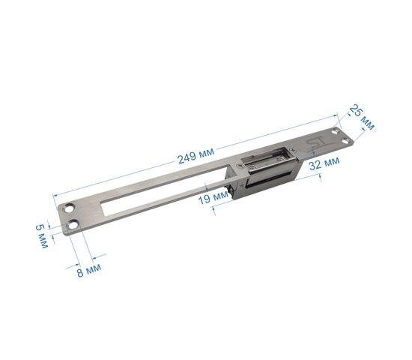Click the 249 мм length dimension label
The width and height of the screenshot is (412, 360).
click(196, 155)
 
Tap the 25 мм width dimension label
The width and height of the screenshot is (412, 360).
click(362, 117)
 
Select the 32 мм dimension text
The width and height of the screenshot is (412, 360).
click(324, 163)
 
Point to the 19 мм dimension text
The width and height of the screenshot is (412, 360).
click(213, 197)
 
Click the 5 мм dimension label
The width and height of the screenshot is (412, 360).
click(42, 236)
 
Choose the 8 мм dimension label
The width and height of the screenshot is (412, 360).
click(89, 270)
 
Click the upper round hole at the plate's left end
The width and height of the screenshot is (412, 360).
click(70, 208)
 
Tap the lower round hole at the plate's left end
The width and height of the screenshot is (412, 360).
click(73, 225)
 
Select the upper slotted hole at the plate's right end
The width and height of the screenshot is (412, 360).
click(336, 130)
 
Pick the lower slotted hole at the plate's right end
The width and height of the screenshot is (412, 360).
click(346, 142)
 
